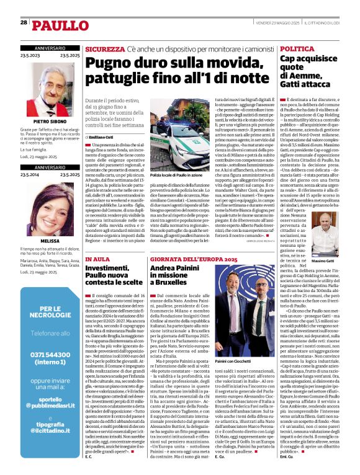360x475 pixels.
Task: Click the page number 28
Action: (x=24, y=22)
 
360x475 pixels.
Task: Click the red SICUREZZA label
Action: (x=105, y=48)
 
